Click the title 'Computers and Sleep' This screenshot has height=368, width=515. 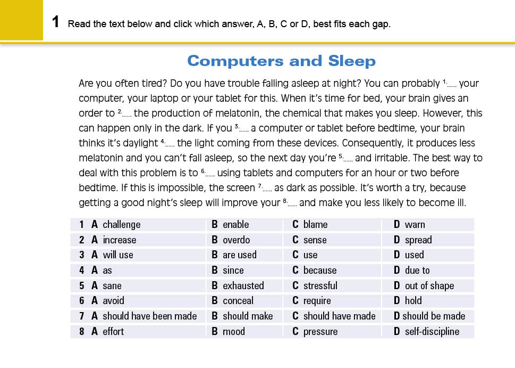click(281, 61)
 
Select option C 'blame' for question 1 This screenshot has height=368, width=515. click(315, 225)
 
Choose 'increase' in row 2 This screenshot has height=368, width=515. click(119, 240)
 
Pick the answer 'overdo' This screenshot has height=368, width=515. click(236, 240)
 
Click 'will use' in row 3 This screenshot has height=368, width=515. click(117, 255)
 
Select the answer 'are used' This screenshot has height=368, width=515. click(239, 255)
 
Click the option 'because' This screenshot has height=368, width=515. click(319, 271)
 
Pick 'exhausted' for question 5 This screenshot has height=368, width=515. click(243, 286)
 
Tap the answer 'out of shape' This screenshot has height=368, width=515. click(429, 286)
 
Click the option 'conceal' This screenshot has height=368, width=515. click(238, 301)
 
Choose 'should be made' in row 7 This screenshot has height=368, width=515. click(433, 316)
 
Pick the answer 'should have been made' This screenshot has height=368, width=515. click(149, 316)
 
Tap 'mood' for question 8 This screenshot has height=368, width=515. click(233, 332)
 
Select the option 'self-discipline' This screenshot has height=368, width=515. click(432, 332)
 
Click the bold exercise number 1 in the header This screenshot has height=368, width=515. click(55, 23)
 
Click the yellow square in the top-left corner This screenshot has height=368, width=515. click(21, 20)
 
